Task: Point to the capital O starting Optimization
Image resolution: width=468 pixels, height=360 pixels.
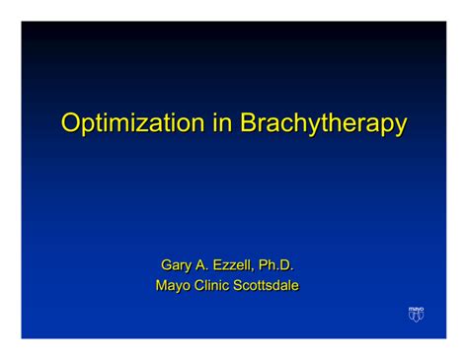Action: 71,123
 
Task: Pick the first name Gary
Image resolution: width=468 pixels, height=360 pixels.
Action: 175,265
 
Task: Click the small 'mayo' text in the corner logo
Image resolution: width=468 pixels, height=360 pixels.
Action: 416,309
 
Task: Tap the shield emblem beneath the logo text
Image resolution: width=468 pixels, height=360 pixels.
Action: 416,317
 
